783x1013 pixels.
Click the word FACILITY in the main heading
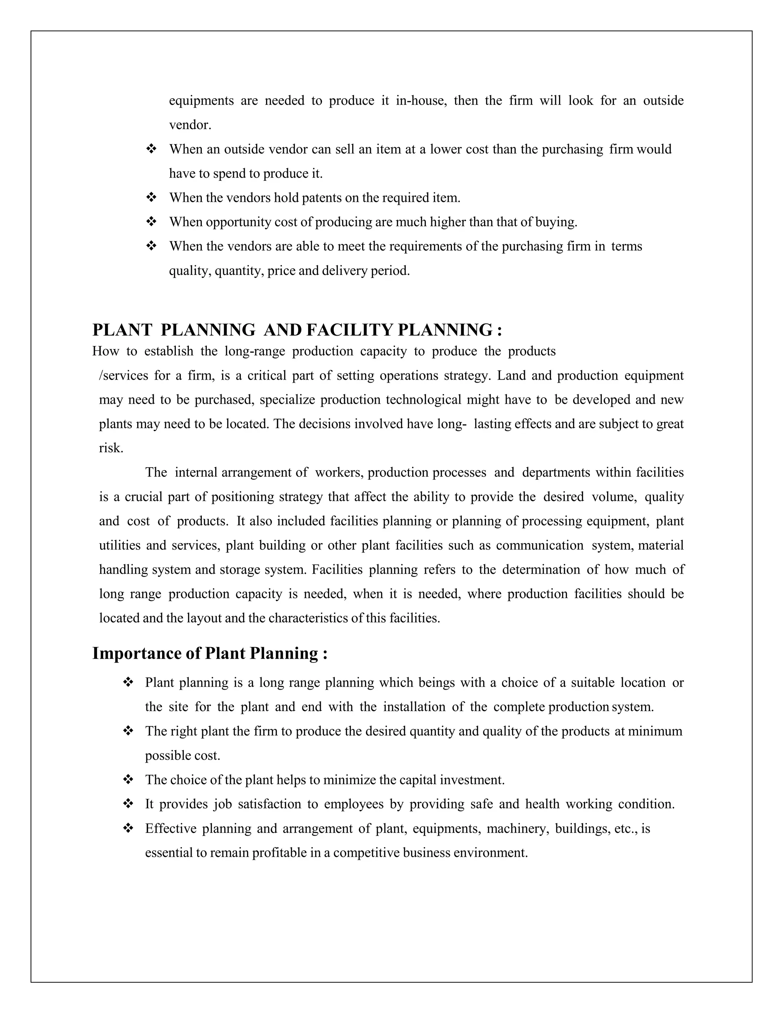(x=349, y=330)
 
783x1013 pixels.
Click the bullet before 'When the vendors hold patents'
(x=151, y=198)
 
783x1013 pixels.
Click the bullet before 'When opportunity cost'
(x=151, y=222)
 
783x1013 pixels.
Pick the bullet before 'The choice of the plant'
(x=128, y=780)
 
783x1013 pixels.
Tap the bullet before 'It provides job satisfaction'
(x=128, y=804)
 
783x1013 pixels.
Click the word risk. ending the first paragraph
(x=111, y=448)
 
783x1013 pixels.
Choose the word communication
(x=539, y=545)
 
